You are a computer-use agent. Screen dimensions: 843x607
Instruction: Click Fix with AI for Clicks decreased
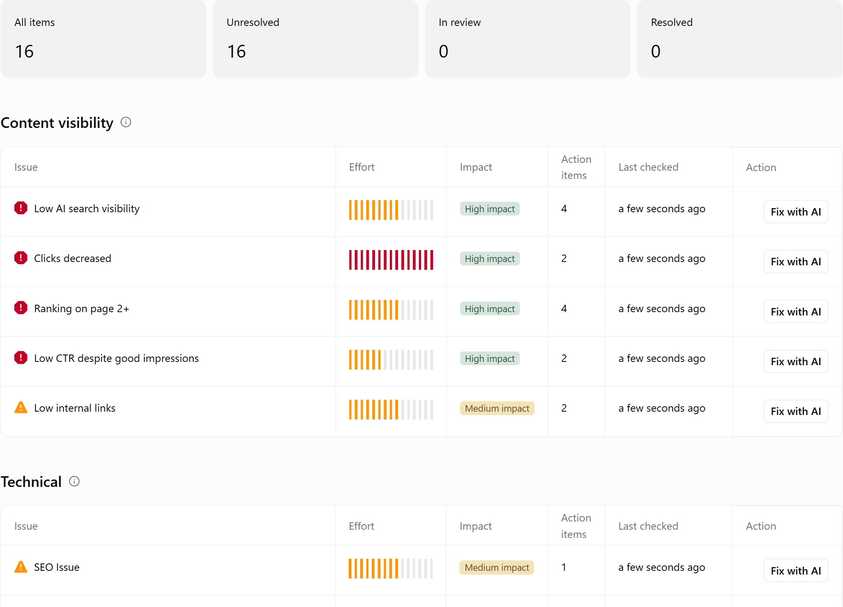click(x=796, y=262)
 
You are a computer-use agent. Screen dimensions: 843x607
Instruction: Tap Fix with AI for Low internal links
click(x=796, y=411)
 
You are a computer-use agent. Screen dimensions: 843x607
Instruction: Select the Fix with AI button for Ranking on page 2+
click(x=796, y=312)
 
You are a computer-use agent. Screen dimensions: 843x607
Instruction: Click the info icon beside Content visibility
click(x=126, y=122)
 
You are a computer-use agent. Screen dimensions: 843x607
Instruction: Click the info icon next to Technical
click(x=74, y=481)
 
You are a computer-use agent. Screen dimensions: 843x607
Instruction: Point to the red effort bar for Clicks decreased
click(x=391, y=260)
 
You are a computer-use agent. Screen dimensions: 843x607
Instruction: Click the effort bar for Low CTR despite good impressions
click(x=391, y=360)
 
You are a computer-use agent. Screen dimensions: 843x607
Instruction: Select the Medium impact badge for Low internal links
click(x=497, y=408)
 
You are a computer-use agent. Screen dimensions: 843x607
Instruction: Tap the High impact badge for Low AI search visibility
click(x=490, y=209)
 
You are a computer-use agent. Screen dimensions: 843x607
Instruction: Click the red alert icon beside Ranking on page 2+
click(x=21, y=308)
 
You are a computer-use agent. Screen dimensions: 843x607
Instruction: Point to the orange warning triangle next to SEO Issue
click(x=21, y=567)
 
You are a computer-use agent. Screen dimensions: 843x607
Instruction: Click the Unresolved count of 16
click(x=236, y=51)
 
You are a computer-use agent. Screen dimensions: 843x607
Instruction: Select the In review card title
click(x=459, y=22)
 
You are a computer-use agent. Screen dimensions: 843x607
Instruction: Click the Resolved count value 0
click(x=655, y=51)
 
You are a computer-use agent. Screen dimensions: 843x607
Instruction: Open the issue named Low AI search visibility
click(x=87, y=209)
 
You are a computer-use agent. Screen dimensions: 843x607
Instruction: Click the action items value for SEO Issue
click(x=564, y=567)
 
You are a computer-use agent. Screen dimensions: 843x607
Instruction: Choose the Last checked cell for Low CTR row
click(x=662, y=359)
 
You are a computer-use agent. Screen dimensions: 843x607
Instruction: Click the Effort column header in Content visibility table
click(x=362, y=167)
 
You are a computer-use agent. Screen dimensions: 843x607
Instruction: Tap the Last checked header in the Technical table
click(x=648, y=526)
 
